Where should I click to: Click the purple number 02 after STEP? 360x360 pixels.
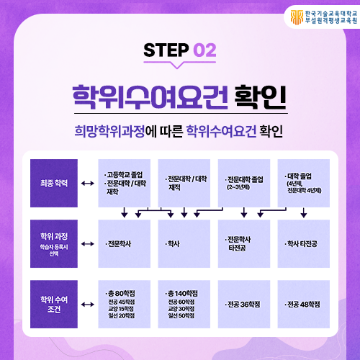pyautogui.click(x=204, y=50)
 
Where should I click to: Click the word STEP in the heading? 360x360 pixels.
pyautogui.click(x=166, y=50)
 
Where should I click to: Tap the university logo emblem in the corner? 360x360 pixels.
pyautogui.click(x=297, y=17)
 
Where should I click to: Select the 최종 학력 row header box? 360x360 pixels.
pyautogui.click(x=54, y=183)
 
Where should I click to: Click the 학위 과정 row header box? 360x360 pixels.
pyautogui.click(x=54, y=243)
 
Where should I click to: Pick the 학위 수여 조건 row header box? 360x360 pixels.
pyautogui.click(x=54, y=304)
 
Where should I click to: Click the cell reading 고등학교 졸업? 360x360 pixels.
pyautogui.click(x=125, y=183)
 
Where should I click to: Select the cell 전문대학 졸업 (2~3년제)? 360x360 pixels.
pyautogui.click(x=244, y=183)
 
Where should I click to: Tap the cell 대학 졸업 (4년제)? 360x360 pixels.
pyautogui.click(x=304, y=183)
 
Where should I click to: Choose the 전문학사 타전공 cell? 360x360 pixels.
pyautogui.click(x=244, y=243)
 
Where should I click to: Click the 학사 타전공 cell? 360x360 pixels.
pyautogui.click(x=304, y=243)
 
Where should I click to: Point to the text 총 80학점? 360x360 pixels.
pyautogui.click(x=121, y=293)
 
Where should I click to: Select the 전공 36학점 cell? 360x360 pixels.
pyautogui.click(x=244, y=304)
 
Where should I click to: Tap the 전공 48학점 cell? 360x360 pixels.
pyautogui.click(x=304, y=304)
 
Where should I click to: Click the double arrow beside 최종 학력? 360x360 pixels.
pyautogui.click(x=88, y=184)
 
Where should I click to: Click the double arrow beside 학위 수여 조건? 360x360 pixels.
pyautogui.click(x=88, y=305)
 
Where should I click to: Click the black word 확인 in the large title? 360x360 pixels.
pyautogui.click(x=261, y=97)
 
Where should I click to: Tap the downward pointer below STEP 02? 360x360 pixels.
pyautogui.click(x=177, y=65)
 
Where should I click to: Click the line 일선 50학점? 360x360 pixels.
pyautogui.click(x=181, y=315)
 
